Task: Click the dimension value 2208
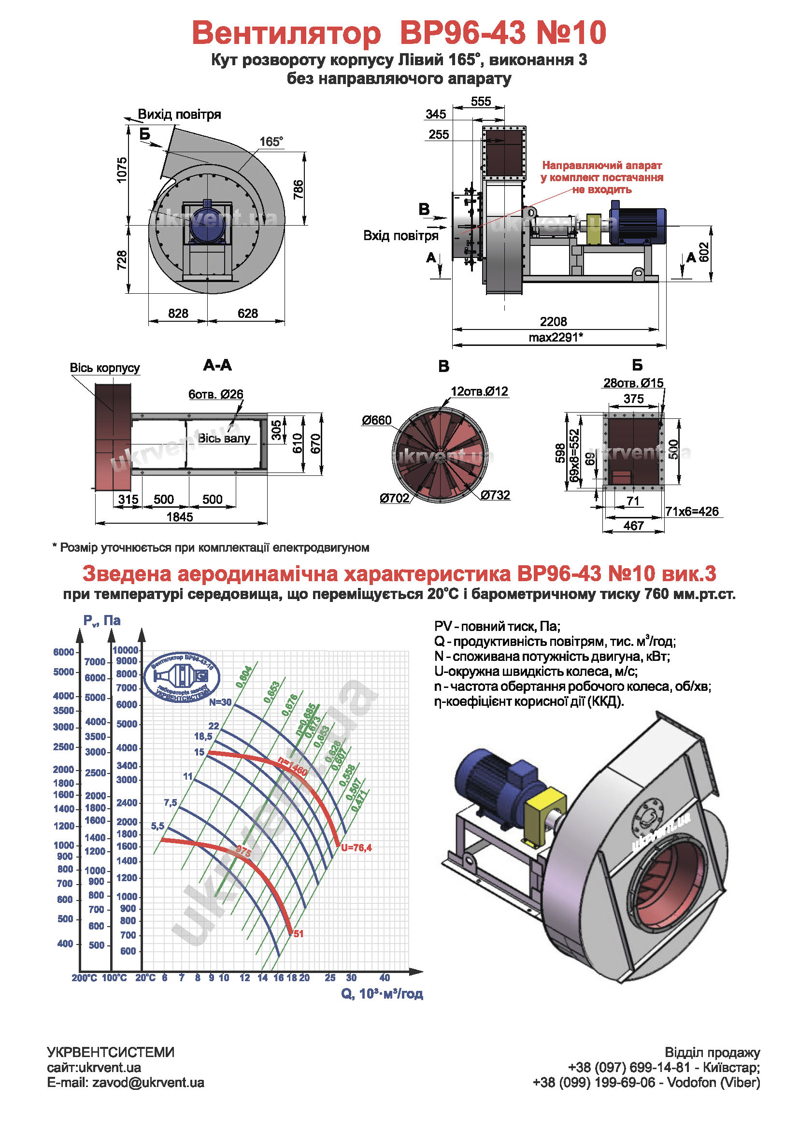553,321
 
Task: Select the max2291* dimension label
556,337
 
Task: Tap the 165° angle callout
271,142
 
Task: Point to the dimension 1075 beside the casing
122,170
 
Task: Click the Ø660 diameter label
376,420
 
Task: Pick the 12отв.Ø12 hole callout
479,391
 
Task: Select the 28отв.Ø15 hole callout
633,383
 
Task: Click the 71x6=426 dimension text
692,511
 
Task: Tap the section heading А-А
217,365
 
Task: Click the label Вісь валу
224,438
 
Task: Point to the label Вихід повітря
179,114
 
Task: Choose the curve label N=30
220,702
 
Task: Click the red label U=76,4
356,847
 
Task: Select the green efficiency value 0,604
244,677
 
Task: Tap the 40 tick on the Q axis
384,977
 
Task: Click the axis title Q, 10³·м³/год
382,994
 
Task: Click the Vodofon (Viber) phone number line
646,1082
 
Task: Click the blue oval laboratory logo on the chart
182,677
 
